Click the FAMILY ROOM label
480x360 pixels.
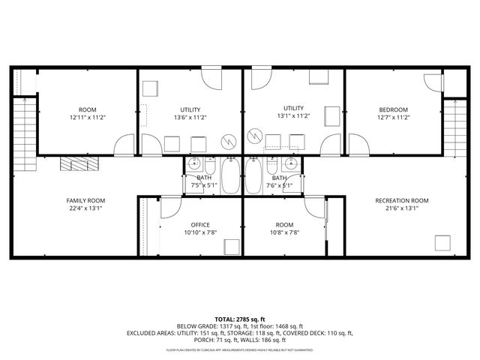pyautogui.click(x=85, y=201)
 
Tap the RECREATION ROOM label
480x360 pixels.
pyautogui.click(x=401, y=201)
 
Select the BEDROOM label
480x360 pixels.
pyautogui.click(x=393, y=109)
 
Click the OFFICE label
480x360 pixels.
pyautogui.click(x=199, y=224)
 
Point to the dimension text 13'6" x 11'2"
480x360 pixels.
pyautogui.click(x=190, y=118)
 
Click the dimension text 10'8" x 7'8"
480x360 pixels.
pyautogui.click(x=284, y=232)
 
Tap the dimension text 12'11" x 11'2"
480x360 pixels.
pyautogui.click(x=87, y=118)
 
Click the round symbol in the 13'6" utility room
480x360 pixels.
pyautogui.click(x=228, y=141)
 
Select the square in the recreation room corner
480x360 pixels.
pyautogui.click(x=442, y=243)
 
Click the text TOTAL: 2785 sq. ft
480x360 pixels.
pyautogui.click(x=240, y=319)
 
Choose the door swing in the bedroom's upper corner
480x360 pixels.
pyautogui.click(x=433, y=82)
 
